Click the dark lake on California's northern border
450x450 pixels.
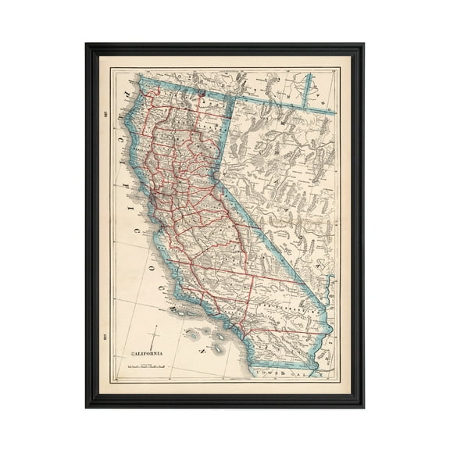201,97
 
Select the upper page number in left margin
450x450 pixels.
104,120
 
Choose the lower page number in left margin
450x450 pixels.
104,316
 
